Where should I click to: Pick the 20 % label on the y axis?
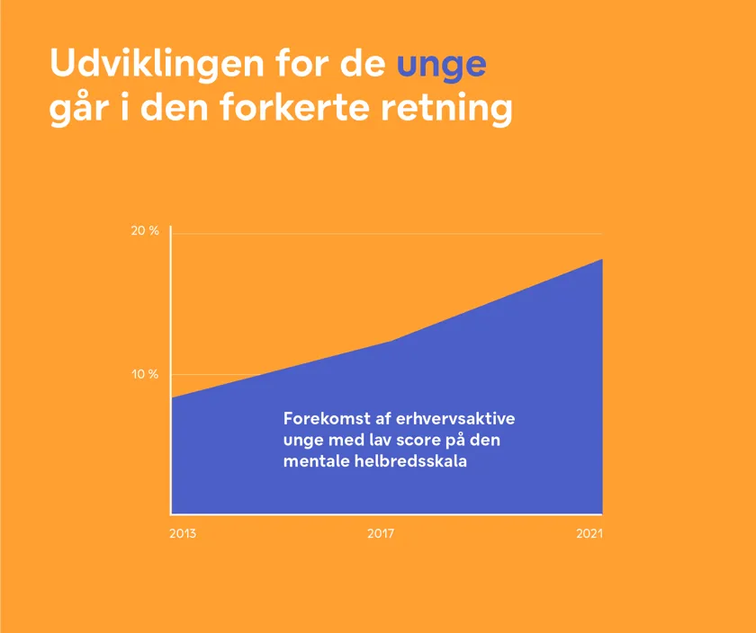tap(145, 231)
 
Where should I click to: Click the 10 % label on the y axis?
tap(145, 374)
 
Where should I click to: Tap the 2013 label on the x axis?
tap(183, 534)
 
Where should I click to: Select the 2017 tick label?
tap(382, 534)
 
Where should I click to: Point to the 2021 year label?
tap(589, 534)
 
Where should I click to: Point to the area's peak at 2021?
tap(601, 260)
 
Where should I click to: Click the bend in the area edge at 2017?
tap(393, 341)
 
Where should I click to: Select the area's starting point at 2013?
tap(172, 397)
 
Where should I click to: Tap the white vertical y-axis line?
tap(170, 315)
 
